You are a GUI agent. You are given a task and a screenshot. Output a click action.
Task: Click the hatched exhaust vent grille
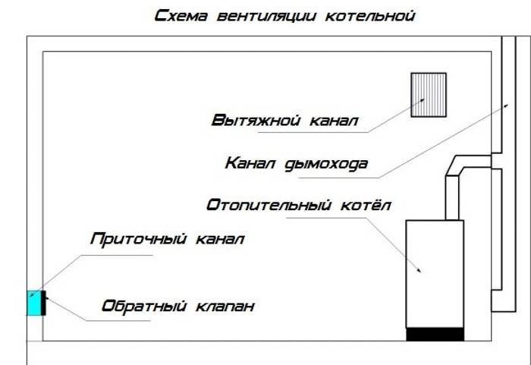(429, 95)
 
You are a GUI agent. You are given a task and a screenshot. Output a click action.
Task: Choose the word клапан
(225, 307)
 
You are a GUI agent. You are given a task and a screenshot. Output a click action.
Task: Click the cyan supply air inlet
(34, 303)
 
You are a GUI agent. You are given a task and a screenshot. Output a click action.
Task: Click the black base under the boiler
(435, 334)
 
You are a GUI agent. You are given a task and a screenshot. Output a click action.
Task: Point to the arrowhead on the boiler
(417, 269)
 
